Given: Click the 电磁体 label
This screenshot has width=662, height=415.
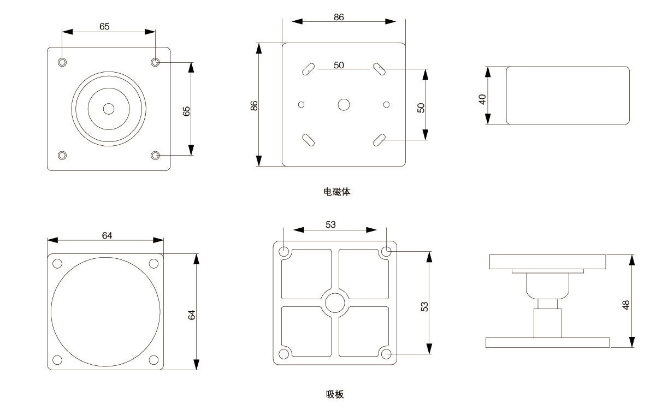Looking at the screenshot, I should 336,192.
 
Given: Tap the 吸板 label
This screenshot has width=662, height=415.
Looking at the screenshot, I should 335,394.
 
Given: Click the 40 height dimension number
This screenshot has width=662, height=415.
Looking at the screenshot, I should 482,99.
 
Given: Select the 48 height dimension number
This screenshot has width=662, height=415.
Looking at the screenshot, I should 626,305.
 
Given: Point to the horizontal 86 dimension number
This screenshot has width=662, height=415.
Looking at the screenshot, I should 339,17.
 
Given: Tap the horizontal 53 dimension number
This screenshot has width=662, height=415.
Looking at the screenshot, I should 330,224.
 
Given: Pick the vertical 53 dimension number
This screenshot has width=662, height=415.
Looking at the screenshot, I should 424,306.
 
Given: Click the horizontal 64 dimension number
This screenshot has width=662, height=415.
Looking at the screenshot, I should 107,235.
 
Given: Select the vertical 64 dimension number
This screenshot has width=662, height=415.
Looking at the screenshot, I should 192,315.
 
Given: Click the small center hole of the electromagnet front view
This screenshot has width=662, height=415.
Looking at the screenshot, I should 109,109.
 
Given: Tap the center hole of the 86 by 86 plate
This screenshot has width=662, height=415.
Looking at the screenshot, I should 344,104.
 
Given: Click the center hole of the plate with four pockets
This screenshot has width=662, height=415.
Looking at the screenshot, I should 335,303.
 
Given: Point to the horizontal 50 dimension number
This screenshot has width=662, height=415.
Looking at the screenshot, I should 339,65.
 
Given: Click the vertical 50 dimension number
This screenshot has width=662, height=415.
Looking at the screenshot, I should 421,108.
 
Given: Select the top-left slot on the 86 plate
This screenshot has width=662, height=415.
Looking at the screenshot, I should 308,69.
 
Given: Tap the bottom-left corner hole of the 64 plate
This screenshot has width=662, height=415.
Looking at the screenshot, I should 57,360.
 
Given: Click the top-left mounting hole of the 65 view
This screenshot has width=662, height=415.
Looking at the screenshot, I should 63,62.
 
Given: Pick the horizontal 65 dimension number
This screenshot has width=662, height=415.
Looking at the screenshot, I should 104,26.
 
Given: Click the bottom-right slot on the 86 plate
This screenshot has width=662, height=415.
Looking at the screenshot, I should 380,140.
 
